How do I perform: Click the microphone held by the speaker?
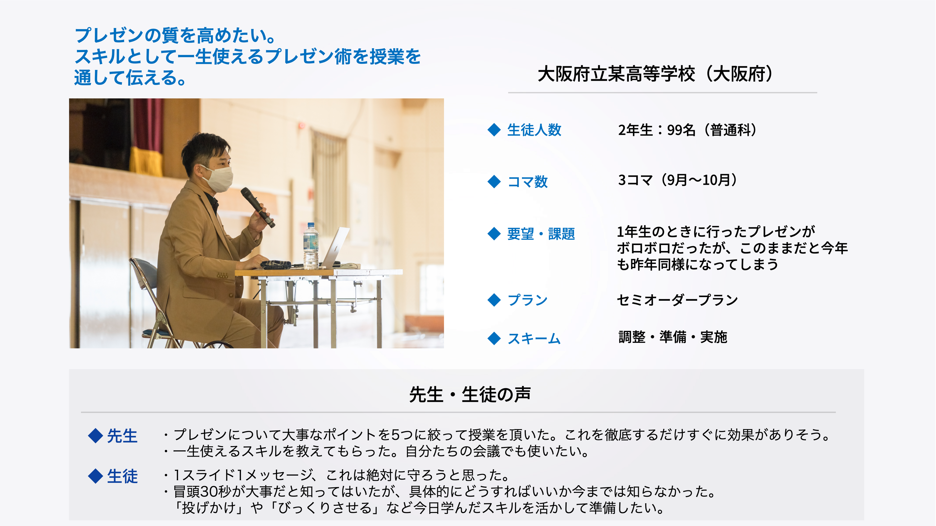tap(257, 207)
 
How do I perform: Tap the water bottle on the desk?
tap(311, 246)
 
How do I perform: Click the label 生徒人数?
tap(534, 130)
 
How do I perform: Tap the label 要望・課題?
tap(541, 233)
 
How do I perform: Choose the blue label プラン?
tap(528, 300)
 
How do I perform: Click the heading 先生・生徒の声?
tap(470, 394)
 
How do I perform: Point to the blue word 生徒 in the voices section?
tap(122, 476)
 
